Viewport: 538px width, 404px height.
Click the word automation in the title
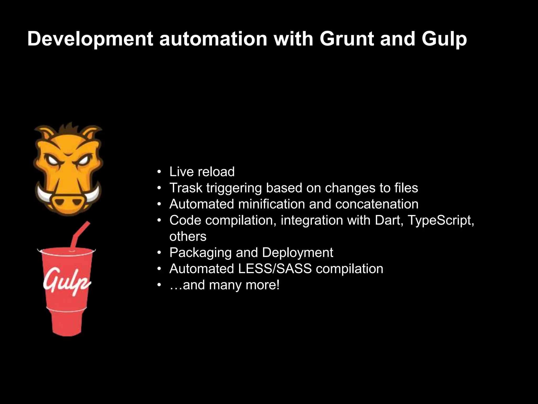click(x=213, y=39)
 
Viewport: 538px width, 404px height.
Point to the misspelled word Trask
click(x=186, y=188)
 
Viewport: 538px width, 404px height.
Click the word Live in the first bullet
click(x=182, y=171)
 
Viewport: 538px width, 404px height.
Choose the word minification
click(x=271, y=204)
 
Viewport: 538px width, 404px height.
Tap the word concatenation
click(x=377, y=204)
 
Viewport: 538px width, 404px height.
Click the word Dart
click(x=389, y=220)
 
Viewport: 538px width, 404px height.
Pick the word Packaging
click(x=200, y=253)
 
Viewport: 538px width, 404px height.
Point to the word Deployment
click(x=297, y=253)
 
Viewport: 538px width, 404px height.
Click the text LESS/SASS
click(x=275, y=269)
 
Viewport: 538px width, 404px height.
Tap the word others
click(x=188, y=236)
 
